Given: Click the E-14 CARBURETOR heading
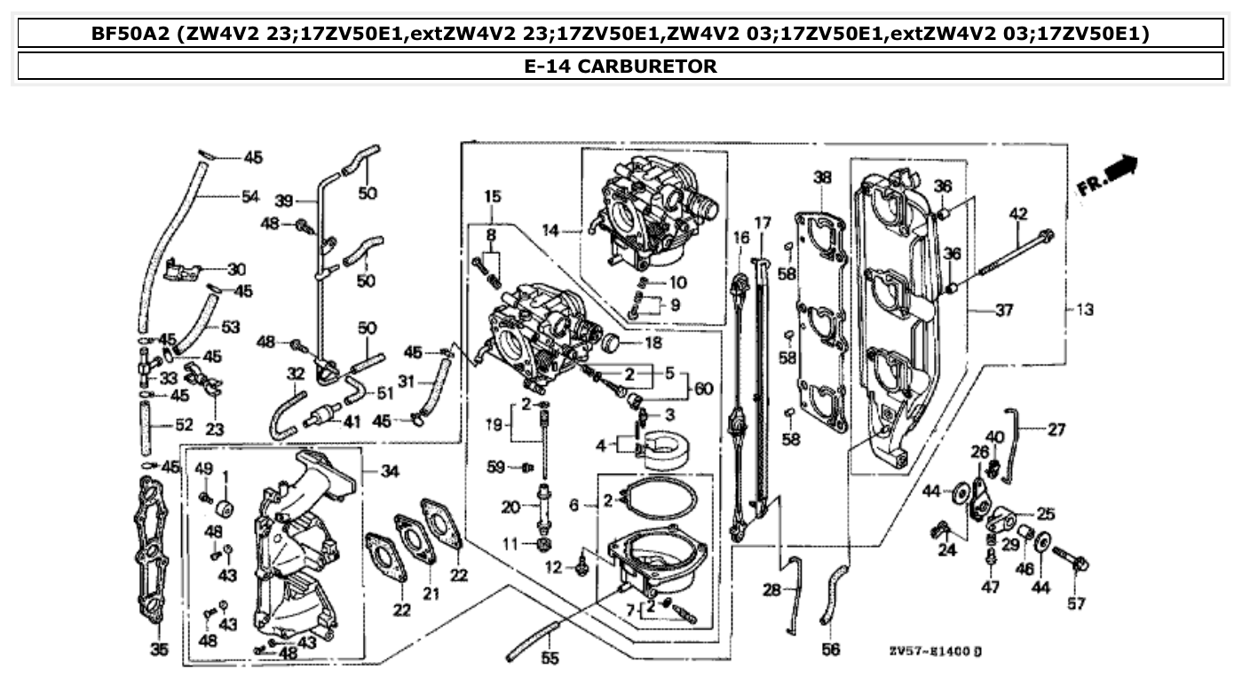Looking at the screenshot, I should click(621, 66).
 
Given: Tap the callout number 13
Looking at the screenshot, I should click(1084, 310).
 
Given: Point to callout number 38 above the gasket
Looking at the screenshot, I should click(822, 177).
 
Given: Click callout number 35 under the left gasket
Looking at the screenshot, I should click(159, 650).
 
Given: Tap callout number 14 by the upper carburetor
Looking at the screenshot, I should click(550, 232).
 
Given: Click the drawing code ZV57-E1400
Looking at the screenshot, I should click(934, 652).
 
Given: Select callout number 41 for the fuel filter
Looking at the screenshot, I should click(352, 422).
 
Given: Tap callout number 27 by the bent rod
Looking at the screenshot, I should click(1056, 430).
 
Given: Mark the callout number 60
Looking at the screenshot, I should click(704, 389).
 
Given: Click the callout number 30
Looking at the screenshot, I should click(236, 269).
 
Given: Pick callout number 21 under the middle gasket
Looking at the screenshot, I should click(431, 594).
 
